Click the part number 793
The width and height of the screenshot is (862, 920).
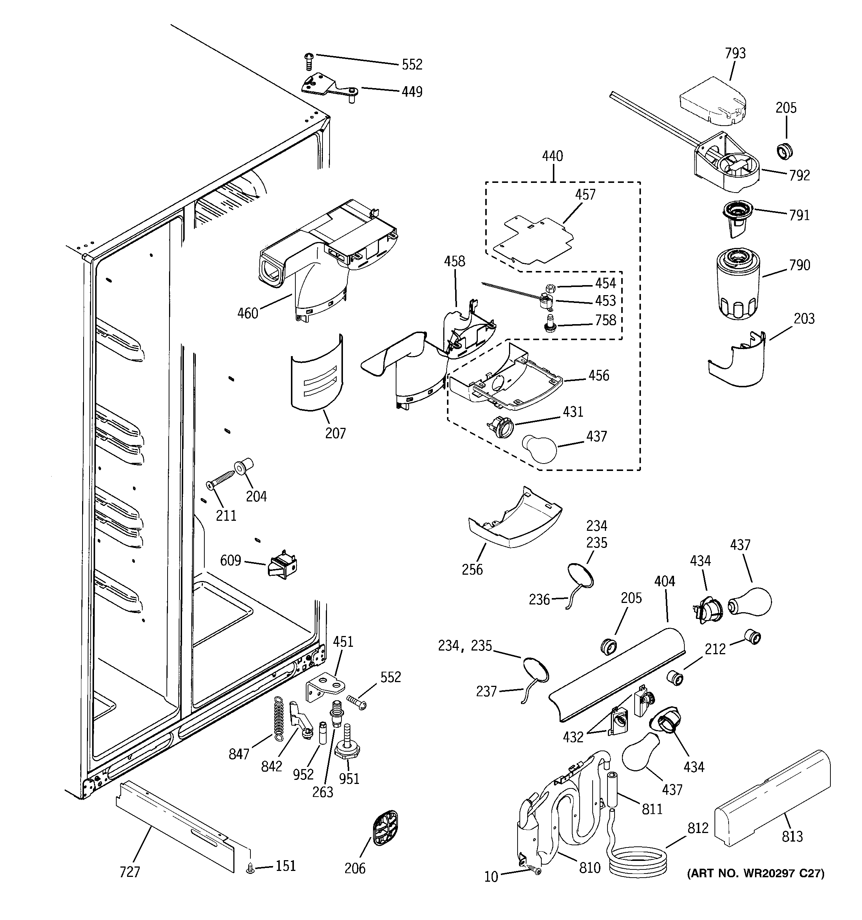pyautogui.click(x=735, y=53)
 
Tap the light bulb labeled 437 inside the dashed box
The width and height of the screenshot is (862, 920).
pyautogui.click(x=539, y=446)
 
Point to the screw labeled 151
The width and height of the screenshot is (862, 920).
pyautogui.click(x=251, y=870)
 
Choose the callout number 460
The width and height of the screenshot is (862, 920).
pyautogui.click(x=247, y=313)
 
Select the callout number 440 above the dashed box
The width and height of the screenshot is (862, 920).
pyautogui.click(x=552, y=156)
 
